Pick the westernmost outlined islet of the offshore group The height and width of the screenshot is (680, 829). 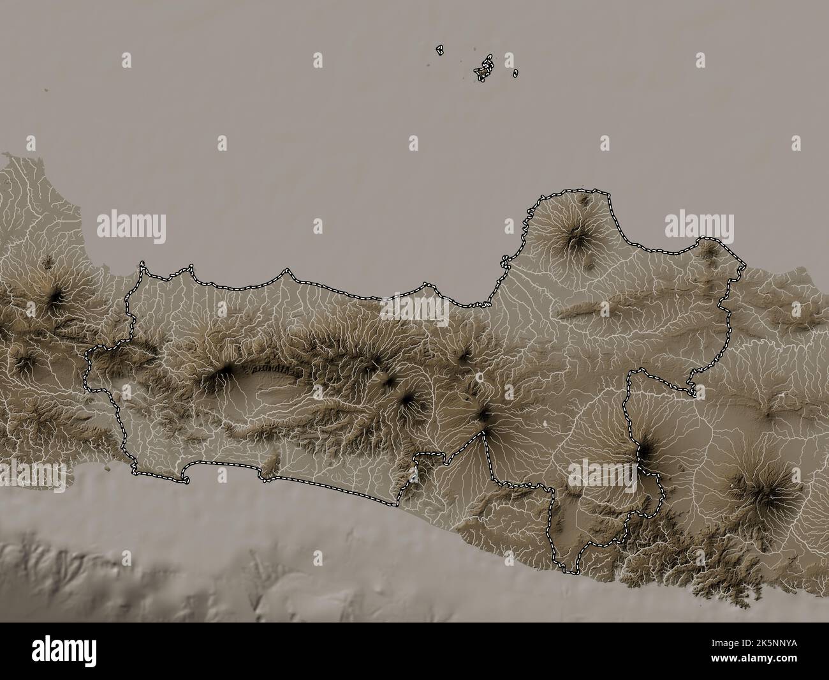pyautogui.click(x=439, y=49)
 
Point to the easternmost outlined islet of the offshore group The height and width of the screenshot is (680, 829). pyautogui.click(x=515, y=73)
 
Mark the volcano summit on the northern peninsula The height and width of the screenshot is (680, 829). pyautogui.click(x=578, y=238)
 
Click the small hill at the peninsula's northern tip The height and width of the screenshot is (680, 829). pyautogui.click(x=583, y=200)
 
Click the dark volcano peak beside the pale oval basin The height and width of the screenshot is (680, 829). pyautogui.click(x=224, y=372)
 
